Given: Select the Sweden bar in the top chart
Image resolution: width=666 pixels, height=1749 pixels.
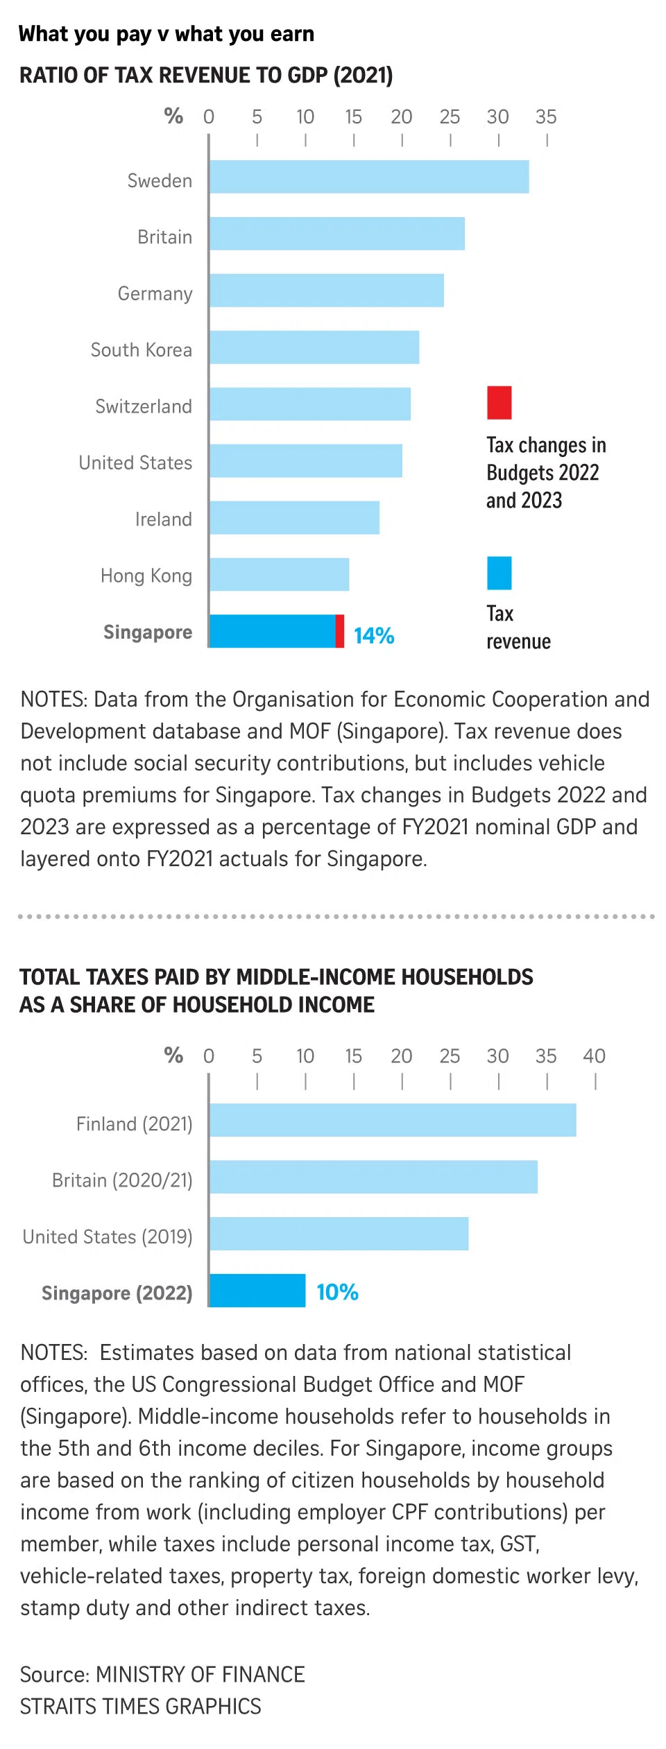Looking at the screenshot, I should (x=368, y=177).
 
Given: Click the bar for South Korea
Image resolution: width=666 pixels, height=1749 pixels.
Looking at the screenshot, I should (x=314, y=347).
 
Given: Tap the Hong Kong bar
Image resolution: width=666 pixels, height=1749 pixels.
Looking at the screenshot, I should (x=279, y=574).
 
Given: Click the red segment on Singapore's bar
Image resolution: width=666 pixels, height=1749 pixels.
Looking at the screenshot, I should (x=340, y=631).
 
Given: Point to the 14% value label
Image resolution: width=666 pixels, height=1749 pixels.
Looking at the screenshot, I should (x=374, y=635).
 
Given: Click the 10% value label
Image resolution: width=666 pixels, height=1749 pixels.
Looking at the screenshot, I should (x=337, y=1292).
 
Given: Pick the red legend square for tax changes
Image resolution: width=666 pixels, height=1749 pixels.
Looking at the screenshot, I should (x=499, y=403).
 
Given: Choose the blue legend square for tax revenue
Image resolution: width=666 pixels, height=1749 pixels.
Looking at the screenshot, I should (x=499, y=573).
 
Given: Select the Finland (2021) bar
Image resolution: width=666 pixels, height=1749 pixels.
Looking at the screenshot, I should (x=392, y=1120).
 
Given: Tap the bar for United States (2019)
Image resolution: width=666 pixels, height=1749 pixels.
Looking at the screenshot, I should (x=339, y=1234).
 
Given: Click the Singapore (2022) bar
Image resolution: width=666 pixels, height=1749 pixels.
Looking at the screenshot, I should (x=257, y=1291).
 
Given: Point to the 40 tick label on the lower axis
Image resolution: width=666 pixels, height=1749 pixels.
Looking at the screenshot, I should (x=594, y=1056).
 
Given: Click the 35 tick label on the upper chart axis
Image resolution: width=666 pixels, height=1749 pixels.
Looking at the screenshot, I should (x=546, y=117).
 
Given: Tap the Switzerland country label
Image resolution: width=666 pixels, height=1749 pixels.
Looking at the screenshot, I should (x=144, y=406).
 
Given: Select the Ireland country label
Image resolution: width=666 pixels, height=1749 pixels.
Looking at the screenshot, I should (x=164, y=519).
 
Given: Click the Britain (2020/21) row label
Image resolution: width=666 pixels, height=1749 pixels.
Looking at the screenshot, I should (x=122, y=1180).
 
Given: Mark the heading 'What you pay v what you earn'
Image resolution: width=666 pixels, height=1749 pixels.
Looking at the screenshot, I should (x=166, y=34).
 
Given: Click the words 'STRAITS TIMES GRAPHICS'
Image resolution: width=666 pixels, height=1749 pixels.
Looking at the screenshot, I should (x=141, y=1706).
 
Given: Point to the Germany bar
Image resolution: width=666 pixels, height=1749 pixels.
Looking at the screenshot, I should (x=326, y=290).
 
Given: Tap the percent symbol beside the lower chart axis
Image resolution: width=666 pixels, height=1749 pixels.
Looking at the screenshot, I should (x=173, y=1055).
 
